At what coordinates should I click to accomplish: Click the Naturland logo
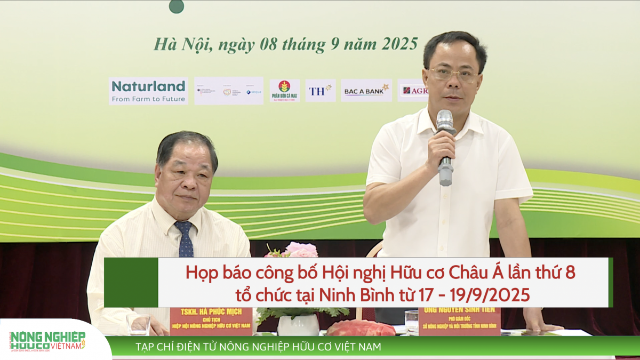point(148,91)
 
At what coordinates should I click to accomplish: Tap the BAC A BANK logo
point(366,91)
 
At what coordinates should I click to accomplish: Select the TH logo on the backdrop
point(320,91)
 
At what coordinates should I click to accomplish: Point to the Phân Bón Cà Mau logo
point(284,91)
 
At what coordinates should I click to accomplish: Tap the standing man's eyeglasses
point(454,74)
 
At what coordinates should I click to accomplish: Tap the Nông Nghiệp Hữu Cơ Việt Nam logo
point(48,340)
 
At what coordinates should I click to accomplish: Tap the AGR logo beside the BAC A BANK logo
point(414,91)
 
